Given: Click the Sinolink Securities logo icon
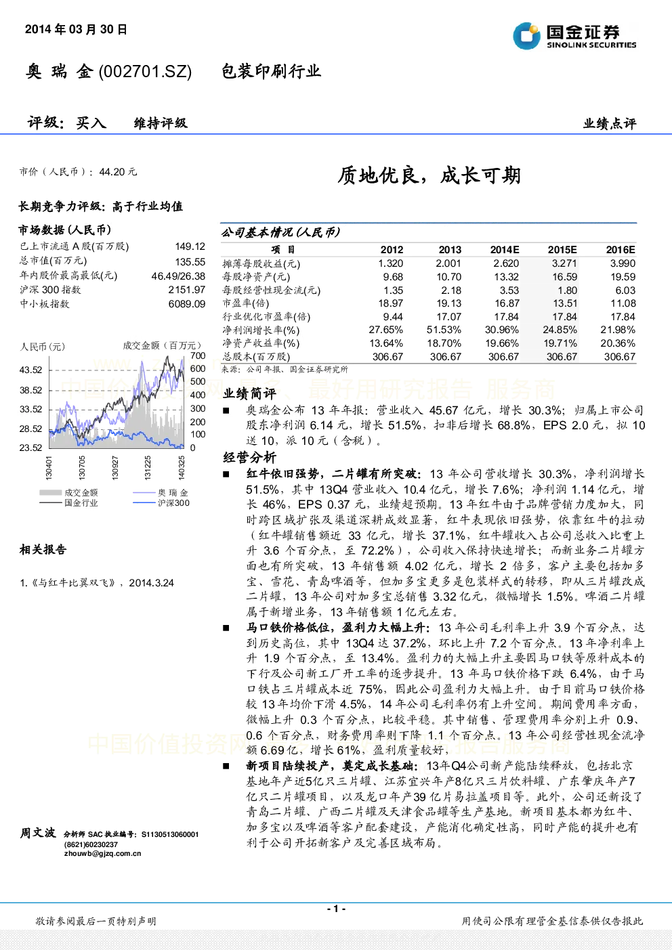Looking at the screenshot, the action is [526, 36].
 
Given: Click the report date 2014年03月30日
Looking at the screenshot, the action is [76, 29].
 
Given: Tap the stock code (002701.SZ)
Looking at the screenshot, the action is [145, 71].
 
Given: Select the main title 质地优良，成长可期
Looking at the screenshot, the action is [429, 175].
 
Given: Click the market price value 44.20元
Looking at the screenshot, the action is [118, 172].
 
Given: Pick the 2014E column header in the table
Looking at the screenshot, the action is [505, 250].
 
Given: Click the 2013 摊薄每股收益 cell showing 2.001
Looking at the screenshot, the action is [448, 263].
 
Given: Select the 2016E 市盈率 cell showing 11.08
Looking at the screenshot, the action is [623, 303].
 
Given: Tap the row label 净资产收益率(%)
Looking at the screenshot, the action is [261, 343].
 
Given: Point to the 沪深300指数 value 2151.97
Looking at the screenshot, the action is [187, 290].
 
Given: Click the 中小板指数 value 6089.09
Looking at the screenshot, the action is [187, 304].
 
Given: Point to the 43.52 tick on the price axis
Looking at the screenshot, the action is [31, 370].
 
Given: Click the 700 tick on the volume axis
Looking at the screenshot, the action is [198, 355].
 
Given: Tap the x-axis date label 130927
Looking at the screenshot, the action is [115, 468].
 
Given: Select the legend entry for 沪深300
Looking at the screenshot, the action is [161, 503].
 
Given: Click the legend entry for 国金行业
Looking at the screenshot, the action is [68, 503].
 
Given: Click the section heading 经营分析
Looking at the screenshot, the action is [249, 457].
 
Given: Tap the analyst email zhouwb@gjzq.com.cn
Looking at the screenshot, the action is [103, 853].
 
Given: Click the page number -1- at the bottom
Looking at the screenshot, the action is [336, 909].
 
